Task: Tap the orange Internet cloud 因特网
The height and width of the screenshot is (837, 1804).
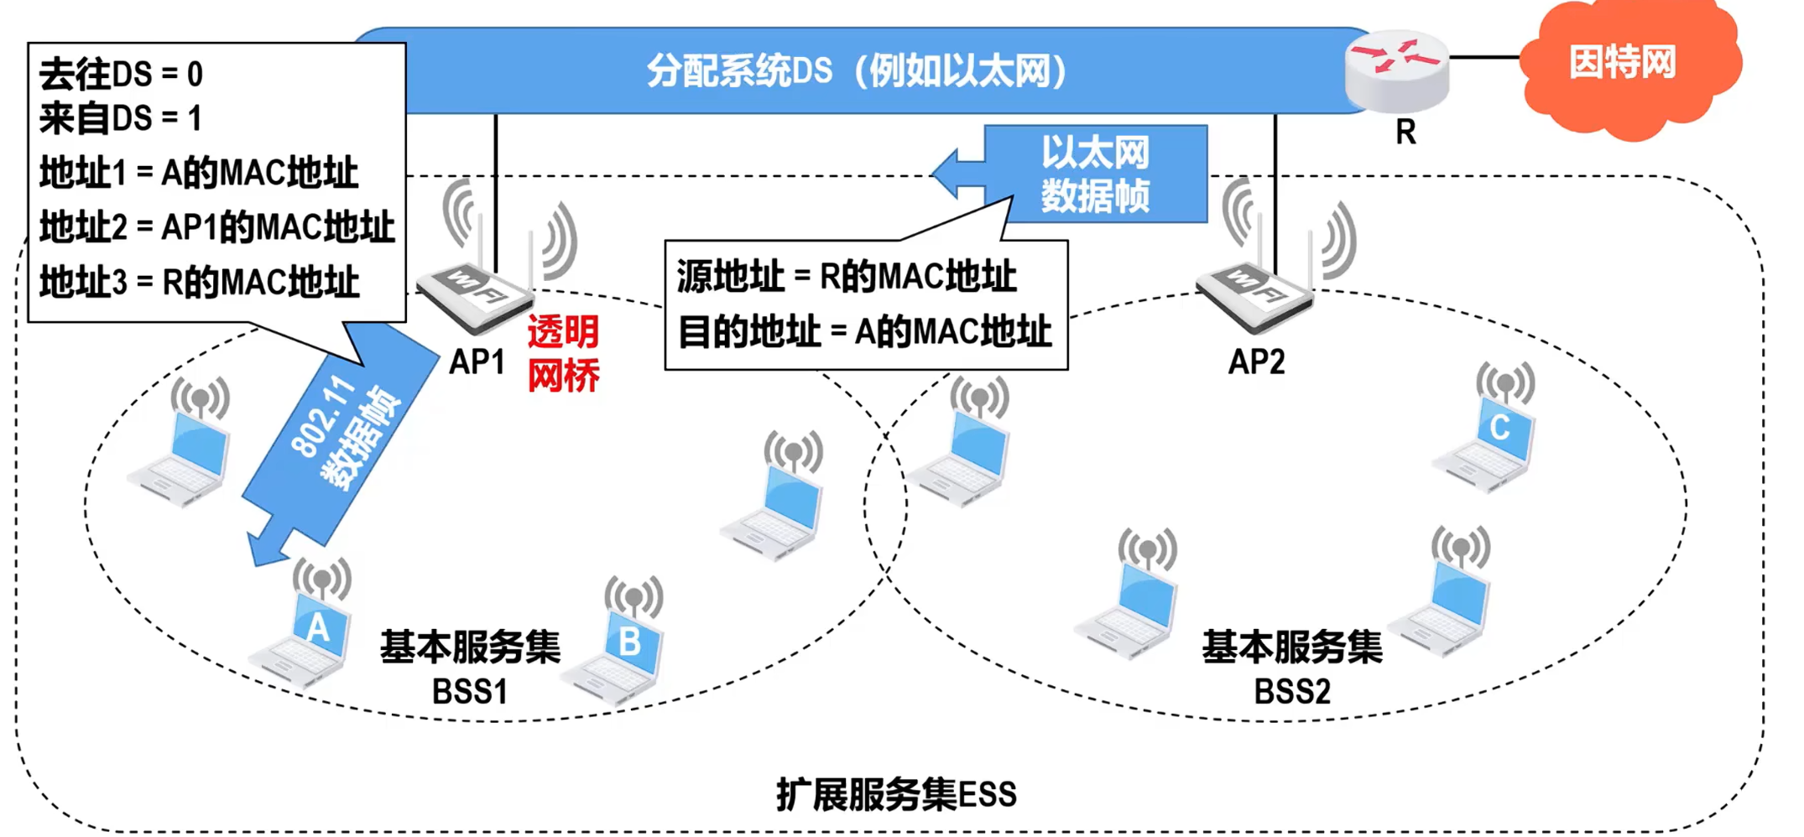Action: [1623, 65]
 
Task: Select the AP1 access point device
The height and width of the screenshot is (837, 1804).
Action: [475, 294]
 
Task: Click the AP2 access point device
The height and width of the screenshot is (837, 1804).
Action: [1255, 294]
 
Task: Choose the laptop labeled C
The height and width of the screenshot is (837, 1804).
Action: [1489, 440]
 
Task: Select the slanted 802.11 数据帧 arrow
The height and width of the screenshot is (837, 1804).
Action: [344, 436]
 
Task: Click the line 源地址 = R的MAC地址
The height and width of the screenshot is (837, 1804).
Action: [847, 277]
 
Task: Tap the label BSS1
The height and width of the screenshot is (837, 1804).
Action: [470, 693]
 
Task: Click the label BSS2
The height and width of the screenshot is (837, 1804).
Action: [1292, 693]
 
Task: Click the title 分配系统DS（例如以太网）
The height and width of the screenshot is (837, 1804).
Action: [856, 71]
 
